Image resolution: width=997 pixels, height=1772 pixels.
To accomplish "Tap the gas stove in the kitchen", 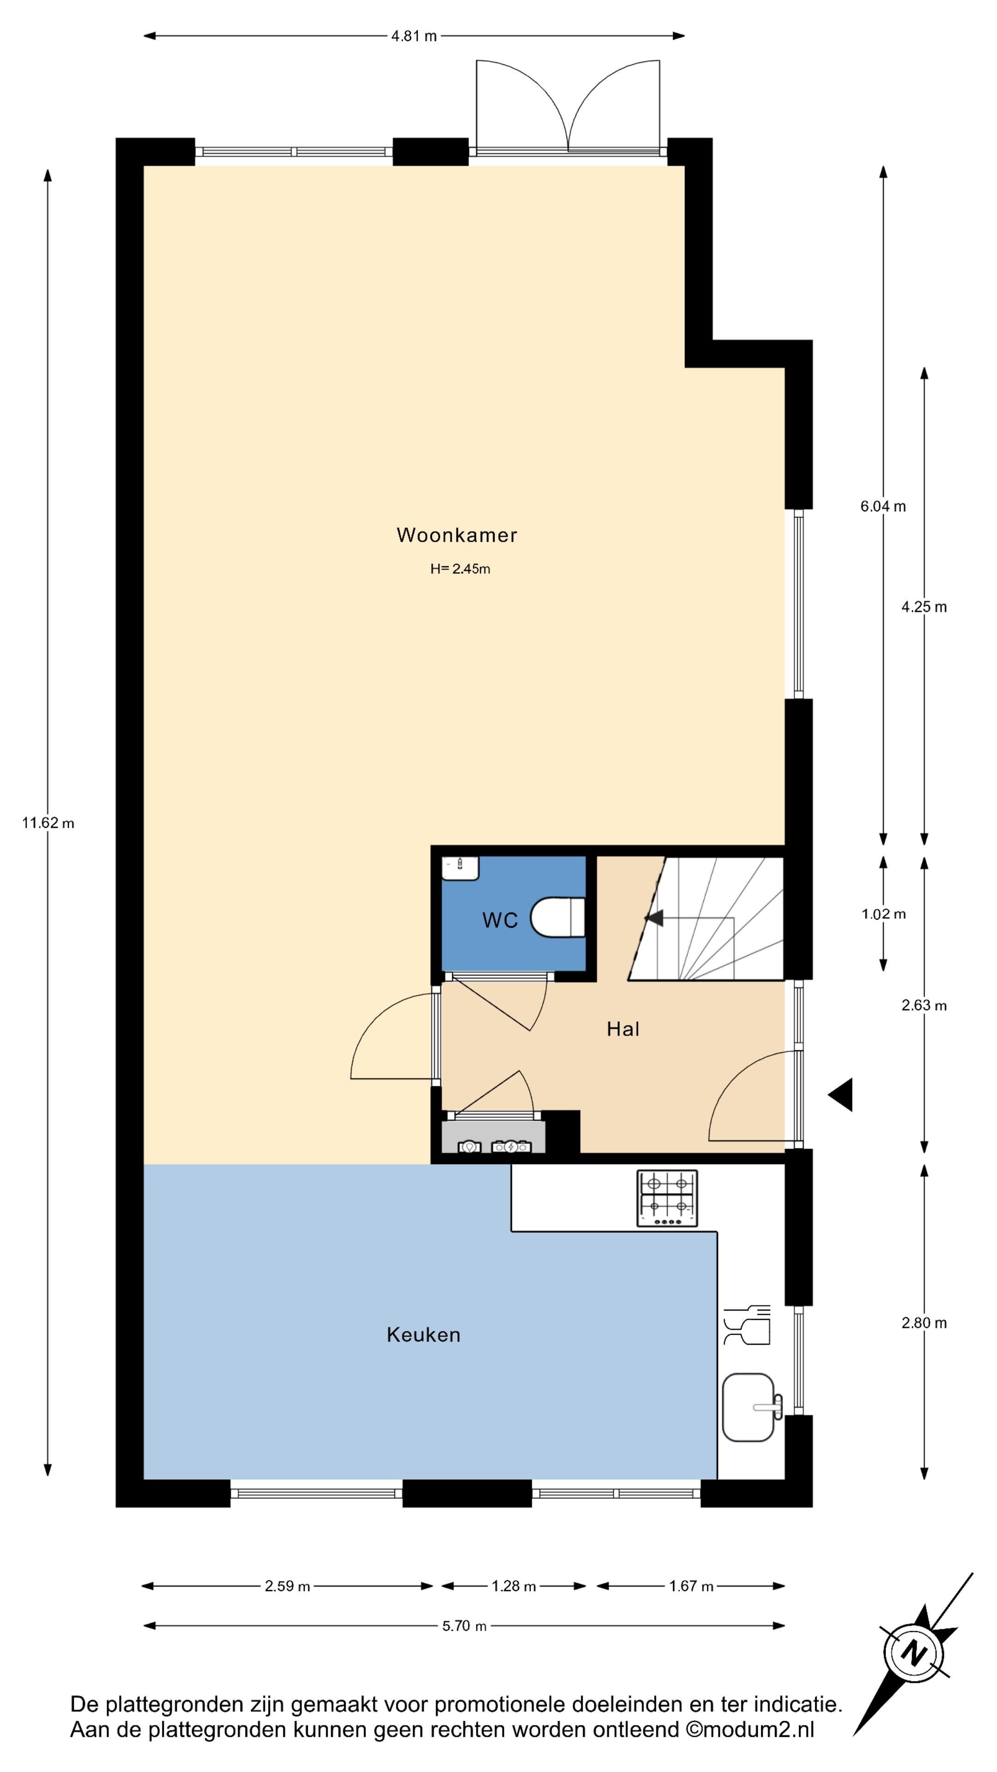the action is [667, 1198].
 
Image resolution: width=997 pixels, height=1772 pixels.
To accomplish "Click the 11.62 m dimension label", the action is [48, 823].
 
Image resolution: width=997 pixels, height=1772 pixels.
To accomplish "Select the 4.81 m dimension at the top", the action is [414, 36].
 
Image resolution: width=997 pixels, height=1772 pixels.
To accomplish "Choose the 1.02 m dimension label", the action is [883, 914].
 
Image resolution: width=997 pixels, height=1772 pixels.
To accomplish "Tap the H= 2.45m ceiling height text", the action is [460, 569].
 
